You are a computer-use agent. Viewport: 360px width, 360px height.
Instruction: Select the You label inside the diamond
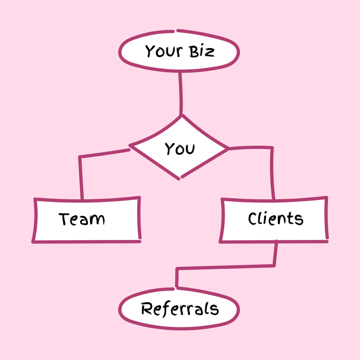click(x=180, y=149)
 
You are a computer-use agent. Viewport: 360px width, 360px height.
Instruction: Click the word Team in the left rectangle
click(x=82, y=219)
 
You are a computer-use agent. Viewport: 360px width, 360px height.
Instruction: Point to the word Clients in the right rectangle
click(x=276, y=219)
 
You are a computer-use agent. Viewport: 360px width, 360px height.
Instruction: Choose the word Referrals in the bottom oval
click(x=180, y=309)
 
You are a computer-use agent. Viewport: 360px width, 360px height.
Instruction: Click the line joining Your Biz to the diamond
click(x=181, y=93)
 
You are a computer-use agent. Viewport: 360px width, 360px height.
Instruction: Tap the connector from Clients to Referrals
click(x=227, y=267)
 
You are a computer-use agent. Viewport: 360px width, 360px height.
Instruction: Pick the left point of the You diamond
click(x=130, y=146)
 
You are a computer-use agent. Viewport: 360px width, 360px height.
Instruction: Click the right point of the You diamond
click(x=229, y=148)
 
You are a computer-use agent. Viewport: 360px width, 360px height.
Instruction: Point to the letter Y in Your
click(x=150, y=51)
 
